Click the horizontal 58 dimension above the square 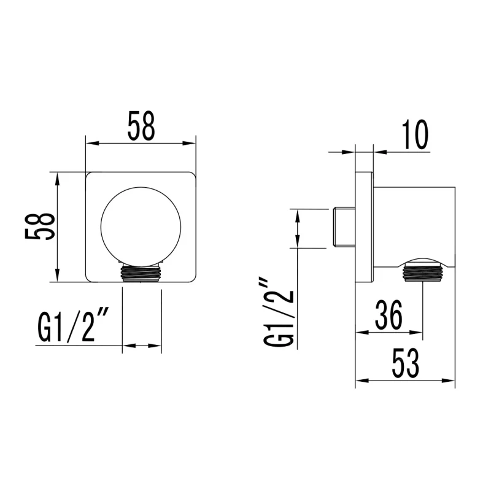point(141,126)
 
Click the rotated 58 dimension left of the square point(40,226)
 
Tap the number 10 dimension point(416,135)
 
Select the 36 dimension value point(389,315)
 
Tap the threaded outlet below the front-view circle point(142,273)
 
